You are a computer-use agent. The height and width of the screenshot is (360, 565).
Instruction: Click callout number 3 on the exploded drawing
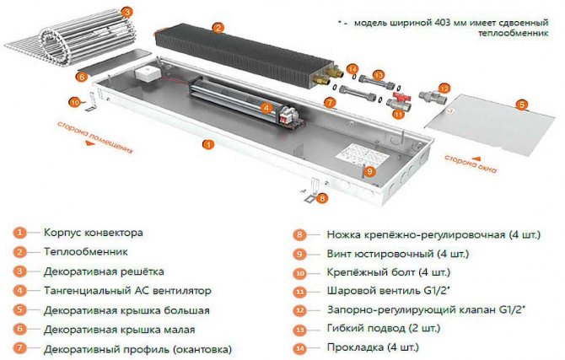pos(126,12)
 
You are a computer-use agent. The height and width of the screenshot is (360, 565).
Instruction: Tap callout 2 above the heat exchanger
pos(218,27)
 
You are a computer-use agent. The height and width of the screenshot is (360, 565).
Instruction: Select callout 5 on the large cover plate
pos(521,104)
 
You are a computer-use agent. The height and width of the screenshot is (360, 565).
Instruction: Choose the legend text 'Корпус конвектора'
pos(93,232)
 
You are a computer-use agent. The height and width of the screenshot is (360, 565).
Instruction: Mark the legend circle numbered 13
pos(299,328)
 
